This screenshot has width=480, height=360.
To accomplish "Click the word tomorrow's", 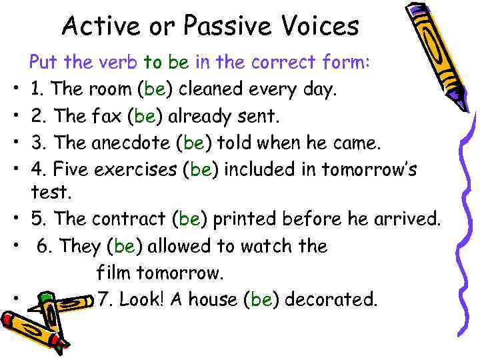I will tap(369, 170).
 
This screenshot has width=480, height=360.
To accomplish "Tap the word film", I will tap(113, 273).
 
